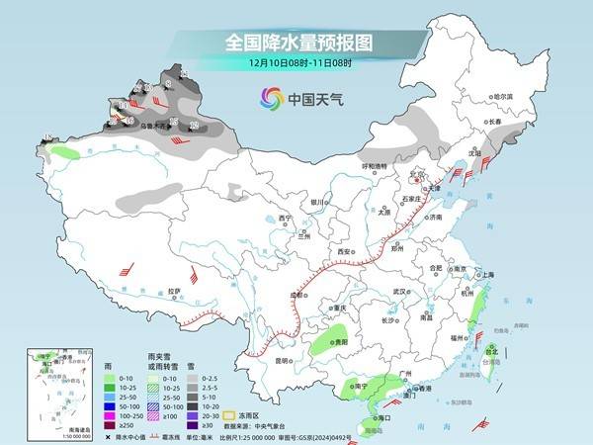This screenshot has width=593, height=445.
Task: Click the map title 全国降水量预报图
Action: pos(296,43)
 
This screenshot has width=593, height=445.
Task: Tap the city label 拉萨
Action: pos(175,291)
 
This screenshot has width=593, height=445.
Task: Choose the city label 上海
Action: pos(485,273)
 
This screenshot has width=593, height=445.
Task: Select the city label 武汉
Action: pos(400,292)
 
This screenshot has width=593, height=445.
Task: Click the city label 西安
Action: pos(345,253)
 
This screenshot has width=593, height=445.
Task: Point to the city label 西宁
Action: pos(286,218)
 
